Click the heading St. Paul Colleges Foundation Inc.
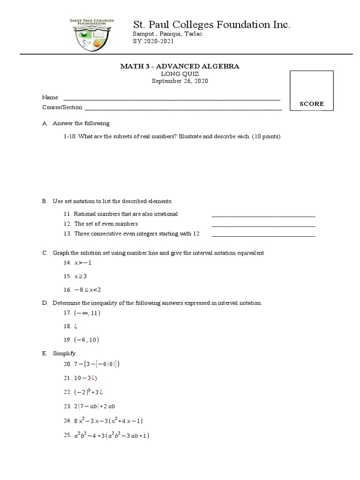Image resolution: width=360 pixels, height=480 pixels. (212, 25)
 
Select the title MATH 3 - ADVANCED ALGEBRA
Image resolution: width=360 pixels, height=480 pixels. (180, 66)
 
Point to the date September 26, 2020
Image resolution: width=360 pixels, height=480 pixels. (180, 81)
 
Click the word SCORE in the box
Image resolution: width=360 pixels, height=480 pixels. (312, 104)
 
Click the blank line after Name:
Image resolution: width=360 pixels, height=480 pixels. (172, 98)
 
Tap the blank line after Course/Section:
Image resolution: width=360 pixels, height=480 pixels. (183, 107)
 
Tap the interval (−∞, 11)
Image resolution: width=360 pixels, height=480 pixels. (87, 313)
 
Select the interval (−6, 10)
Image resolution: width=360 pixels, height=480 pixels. (86, 339)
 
